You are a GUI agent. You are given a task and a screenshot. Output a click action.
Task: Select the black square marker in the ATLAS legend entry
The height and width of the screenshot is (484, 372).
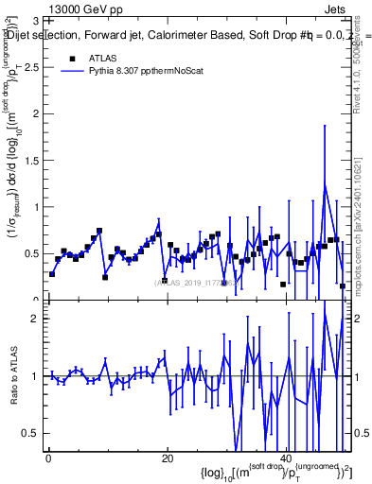pos(73,58)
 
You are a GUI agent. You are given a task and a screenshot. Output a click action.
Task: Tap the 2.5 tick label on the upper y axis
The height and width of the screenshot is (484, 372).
pos(29,67)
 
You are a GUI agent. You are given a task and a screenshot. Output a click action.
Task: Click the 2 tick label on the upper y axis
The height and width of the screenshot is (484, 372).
pos(34,113)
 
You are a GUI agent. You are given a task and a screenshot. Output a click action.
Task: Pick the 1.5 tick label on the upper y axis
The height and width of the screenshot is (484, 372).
pos(29,160)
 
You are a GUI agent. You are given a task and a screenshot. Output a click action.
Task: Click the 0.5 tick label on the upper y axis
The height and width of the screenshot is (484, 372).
pos(29,253)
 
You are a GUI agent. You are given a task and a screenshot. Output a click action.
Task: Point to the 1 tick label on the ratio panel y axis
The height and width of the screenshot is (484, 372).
pos(34,375)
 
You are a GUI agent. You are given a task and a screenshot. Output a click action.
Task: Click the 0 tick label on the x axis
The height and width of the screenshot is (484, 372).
pos(48,458)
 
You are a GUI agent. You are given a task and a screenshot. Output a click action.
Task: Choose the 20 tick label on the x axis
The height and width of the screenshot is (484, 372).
pos(168,458)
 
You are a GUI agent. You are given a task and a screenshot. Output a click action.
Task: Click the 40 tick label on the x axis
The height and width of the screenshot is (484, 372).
pos(287,458)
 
